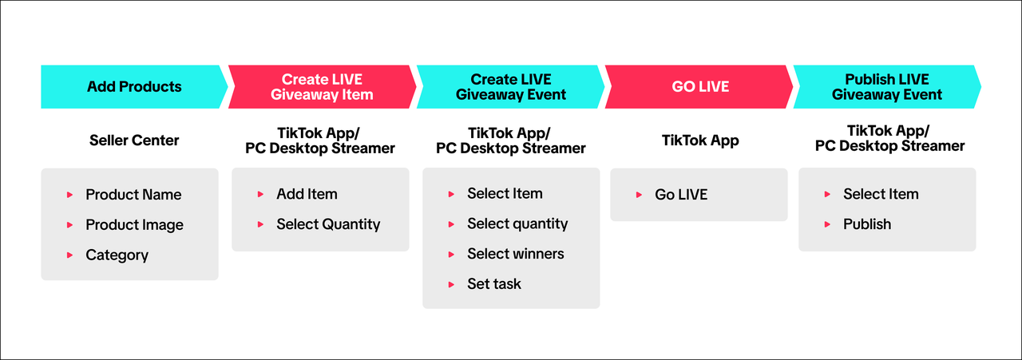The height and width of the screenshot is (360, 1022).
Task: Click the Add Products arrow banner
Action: coord(134,87)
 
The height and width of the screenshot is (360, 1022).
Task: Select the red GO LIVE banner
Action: coord(699,87)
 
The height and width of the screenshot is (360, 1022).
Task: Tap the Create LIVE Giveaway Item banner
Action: coord(322,87)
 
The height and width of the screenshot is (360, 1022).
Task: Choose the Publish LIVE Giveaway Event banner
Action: coord(887,87)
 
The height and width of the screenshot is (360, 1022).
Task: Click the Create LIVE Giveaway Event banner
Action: coord(510,87)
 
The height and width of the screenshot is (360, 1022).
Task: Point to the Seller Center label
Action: coord(134,140)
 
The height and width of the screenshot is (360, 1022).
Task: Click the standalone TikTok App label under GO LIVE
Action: coord(700,140)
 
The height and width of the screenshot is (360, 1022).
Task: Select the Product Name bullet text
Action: coord(133,195)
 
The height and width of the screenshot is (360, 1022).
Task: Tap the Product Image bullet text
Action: coord(135,225)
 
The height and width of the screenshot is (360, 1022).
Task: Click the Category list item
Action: coord(117,255)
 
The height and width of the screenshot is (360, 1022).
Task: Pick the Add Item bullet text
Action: coord(307,195)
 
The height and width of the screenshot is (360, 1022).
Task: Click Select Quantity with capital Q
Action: coord(328,224)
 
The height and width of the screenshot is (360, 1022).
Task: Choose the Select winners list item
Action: coord(516,254)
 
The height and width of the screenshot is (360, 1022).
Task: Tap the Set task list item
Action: coord(493,284)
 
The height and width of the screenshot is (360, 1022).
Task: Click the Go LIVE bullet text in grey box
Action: coord(681,195)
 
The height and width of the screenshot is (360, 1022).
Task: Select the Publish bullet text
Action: coord(867,224)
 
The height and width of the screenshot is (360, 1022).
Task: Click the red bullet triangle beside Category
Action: coord(69,255)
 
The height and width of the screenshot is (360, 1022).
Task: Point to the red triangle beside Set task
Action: coord(451,285)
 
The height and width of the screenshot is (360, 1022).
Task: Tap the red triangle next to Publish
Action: coord(827,224)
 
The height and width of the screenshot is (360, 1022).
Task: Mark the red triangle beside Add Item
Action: coord(260,195)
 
